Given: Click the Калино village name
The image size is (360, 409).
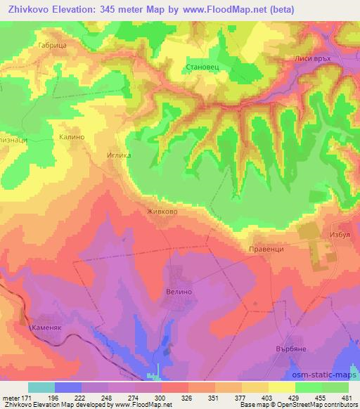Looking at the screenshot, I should click(72, 138).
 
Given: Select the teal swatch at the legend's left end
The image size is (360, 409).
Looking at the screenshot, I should click(41, 387).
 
